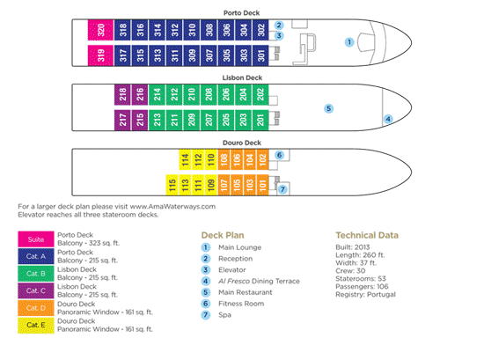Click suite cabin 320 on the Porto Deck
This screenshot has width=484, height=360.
[100, 30]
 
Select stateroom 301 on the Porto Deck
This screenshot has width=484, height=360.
[261, 55]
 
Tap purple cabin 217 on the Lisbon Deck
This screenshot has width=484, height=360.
[122, 120]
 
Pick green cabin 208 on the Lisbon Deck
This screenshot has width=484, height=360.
[209, 94]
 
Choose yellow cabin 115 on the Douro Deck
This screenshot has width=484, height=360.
[172, 185]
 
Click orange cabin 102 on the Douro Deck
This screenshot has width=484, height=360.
[262, 159]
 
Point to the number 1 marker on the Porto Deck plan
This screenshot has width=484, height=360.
[349, 42]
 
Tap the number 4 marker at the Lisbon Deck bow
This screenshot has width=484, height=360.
[388, 119]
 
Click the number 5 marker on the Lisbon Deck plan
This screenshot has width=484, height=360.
[329, 108]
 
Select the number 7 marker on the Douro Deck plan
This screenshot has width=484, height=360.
[282, 189]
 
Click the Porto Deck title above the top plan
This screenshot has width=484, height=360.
[242, 13]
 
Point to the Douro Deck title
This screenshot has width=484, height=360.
[242, 143]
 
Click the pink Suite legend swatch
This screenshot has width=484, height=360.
[36, 239]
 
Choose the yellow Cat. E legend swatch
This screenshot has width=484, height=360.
[36, 325]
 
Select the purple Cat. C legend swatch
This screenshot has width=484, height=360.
[36, 290]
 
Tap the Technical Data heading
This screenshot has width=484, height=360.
[367, 235]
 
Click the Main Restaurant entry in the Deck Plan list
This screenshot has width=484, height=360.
[246, 292]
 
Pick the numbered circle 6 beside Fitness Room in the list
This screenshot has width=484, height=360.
[206, 304]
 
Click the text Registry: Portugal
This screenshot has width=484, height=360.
[365, 295]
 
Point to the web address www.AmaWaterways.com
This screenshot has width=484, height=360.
[172, 207]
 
